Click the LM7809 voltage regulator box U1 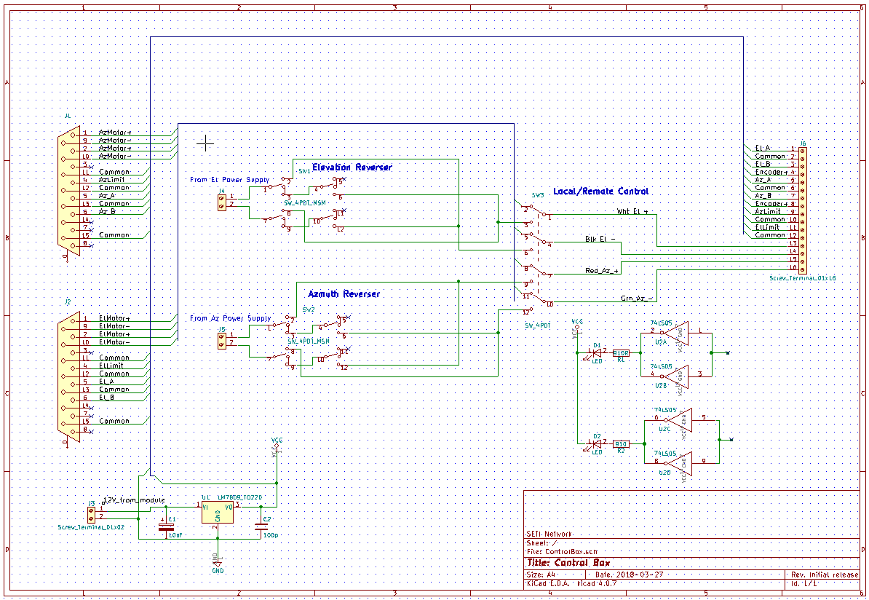point(218,513)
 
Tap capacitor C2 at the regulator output point(261,526)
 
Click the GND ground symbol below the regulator point(217,564)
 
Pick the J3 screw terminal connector point(90,513)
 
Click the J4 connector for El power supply point(221,200)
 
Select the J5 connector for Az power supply point(221,339)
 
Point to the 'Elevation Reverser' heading point(352,167)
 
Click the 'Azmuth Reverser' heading point(344,294)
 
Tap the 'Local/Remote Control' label point(600,192)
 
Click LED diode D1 point(597,352)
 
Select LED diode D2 point(597,443)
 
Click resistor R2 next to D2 point(621,443)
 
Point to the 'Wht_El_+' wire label point(632,212)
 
